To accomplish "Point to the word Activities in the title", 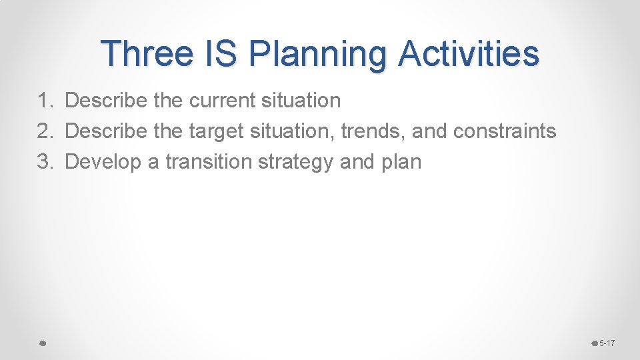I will point(469,53).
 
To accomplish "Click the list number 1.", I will point(45,101).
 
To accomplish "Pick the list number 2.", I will point(45,131).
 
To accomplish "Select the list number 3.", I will point(45,162).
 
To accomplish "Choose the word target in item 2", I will point(217,132).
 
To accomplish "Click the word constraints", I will point(504,131).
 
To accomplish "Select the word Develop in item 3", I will point(105,163).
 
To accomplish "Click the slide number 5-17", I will point(607,343).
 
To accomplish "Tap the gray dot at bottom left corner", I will point(41,343).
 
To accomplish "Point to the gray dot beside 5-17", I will point(595,343).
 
